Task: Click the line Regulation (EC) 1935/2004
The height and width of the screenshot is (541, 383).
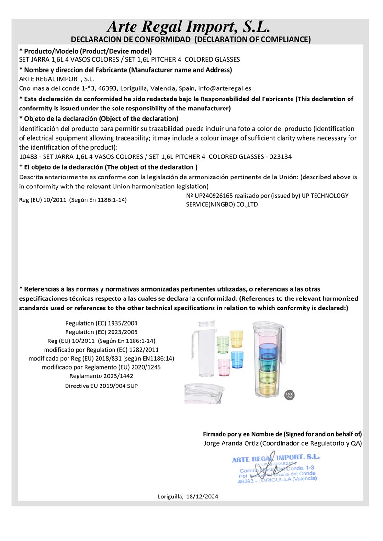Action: tap(101, 323)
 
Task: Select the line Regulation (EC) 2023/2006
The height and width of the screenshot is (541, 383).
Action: tap(101, 331)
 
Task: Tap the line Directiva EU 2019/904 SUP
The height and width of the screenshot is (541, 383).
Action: tap(101, 385)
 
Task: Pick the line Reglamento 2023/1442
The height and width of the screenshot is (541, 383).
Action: tap(101, 375)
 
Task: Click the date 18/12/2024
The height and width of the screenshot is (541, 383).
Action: tap(202, 497)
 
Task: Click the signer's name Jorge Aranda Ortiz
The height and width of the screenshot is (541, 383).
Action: tap(227, 443)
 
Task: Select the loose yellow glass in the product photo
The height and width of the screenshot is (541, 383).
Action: tap(237, 338)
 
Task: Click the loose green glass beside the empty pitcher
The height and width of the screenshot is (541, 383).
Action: tap(223, 343)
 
